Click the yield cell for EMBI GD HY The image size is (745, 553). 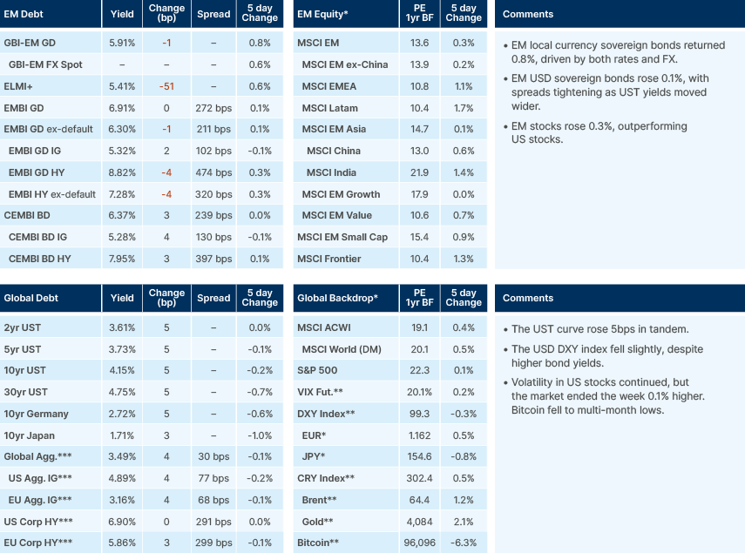click(122, 172)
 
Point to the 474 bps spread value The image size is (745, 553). click(213, 172)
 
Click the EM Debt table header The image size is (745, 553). click(24, 14)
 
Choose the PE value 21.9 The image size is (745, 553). click(418, 172)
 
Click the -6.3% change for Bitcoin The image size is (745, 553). click(464, 543)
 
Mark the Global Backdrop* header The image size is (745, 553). click(337, 298)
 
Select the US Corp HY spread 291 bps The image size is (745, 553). click(213, 521)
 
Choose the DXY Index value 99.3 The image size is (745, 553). click(418, 415)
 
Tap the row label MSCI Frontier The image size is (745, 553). click(329, 259)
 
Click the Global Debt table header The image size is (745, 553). click(30, 298)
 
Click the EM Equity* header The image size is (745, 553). click(323, 14)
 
